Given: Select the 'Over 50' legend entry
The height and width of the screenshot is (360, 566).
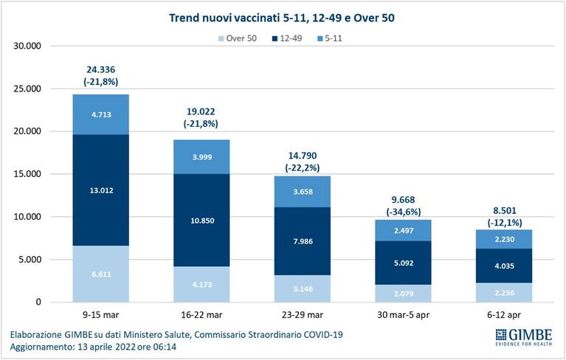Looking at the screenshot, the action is (x=238, y=38).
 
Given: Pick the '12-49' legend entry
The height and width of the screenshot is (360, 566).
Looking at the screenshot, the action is (x=287, y=38).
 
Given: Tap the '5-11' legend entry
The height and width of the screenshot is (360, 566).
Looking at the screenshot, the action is (x=330, y=38).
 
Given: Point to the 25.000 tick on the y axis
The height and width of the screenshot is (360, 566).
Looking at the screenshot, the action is (x=27, y=89).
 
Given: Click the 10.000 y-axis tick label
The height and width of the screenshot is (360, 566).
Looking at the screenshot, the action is (x=27, y=217).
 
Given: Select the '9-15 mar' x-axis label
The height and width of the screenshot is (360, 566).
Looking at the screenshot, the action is (x=100, y=315).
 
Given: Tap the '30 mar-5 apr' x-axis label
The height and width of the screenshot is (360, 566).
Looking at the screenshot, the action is (x=403, y=315).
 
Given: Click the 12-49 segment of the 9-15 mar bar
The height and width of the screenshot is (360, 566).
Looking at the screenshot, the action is (x=100, y=190).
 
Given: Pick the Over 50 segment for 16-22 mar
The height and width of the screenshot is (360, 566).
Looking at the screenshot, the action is (x=201, y=284).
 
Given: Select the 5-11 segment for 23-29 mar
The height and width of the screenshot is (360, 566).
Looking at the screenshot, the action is (x=303, y=192).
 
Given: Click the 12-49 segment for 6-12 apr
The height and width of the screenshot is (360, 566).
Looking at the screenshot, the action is (x=504, y=266).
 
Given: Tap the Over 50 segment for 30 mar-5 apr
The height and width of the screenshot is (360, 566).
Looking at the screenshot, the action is (x=403, y=294).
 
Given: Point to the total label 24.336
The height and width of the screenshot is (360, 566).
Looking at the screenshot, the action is (x=100, y=69).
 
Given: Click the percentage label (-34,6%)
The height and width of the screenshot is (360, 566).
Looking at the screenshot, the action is (x=403, y=212).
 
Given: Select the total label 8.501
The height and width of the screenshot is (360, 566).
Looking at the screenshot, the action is (x=504, y=211).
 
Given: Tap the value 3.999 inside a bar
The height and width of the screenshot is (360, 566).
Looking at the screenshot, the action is (x=202, y=157).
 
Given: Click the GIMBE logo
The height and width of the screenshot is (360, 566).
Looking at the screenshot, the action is (x=523, y=337).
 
